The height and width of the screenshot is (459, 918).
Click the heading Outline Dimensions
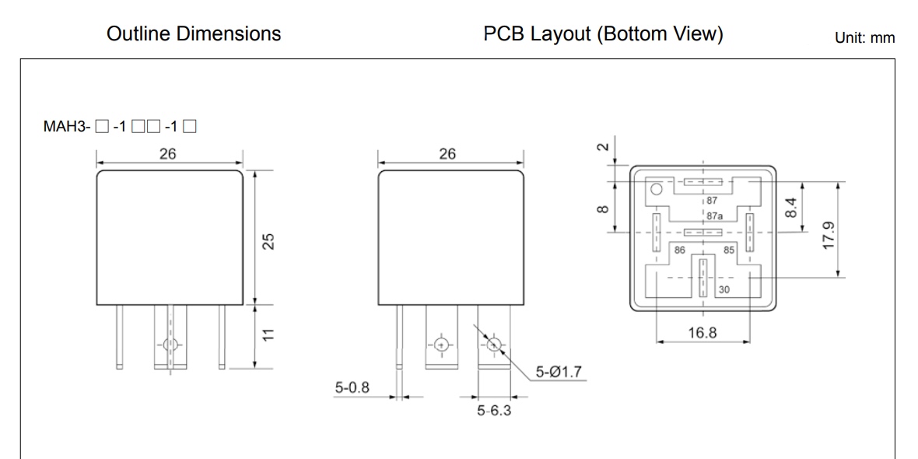pyautogui.click(x=193, y=35)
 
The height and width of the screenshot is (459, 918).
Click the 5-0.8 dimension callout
pyautogui.click(x=354, y=387)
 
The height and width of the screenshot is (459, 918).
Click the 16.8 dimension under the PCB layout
pyautogui.click(x=703, y=333)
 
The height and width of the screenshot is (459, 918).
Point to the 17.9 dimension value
pyautogui.click(x=829, y=234)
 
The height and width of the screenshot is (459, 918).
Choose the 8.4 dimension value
pyautogui.click(x=792, y=208)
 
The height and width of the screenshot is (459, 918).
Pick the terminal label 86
pyautogui.click(x=679, y=251)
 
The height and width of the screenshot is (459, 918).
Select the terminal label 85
pyautogui.click(x=729, y=251)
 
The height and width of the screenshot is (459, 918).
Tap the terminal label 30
pyautogui.click(x=724, y=289)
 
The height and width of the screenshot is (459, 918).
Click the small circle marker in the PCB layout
pyautogui.click(x=656, y=189)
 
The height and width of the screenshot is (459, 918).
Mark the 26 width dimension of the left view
pyautogui.click(x=167, y=153)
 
